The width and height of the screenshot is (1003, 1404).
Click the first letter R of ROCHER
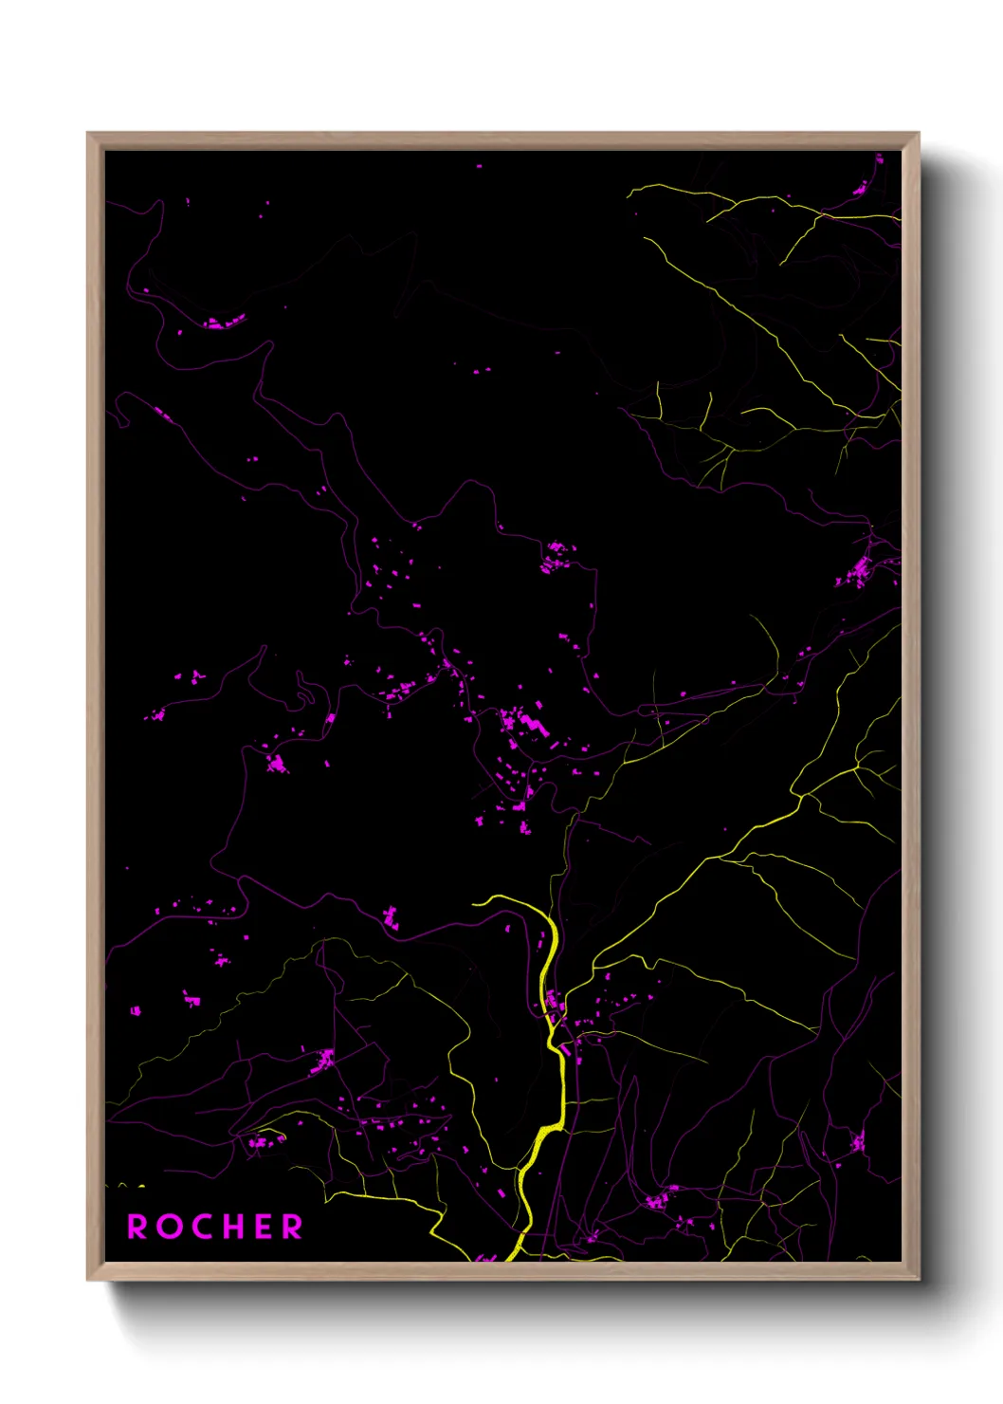click(x=138, y=1227)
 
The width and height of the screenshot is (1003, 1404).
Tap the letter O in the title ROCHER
click(x=169, y=1227)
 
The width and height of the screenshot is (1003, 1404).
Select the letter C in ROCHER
click(x=200, y=1227)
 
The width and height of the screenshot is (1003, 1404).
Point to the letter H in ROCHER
click(x=231, y=1227)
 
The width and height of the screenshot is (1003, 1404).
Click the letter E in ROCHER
click(x=263, y=1227)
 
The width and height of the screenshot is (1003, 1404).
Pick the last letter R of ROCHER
click(x=291, y=1227)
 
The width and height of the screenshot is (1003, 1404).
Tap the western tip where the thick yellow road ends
click(x=474, y=902)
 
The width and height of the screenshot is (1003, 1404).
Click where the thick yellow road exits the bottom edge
click(x=510, y=1258)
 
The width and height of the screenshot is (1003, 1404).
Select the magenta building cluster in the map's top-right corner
click(x=861, y=189)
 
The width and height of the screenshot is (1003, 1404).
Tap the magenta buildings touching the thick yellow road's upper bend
click(x=555, y=1000)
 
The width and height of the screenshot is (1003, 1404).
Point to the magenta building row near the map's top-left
click(x=225, y=323)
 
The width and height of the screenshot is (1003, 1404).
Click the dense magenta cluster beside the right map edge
click(x=858, y=572)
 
